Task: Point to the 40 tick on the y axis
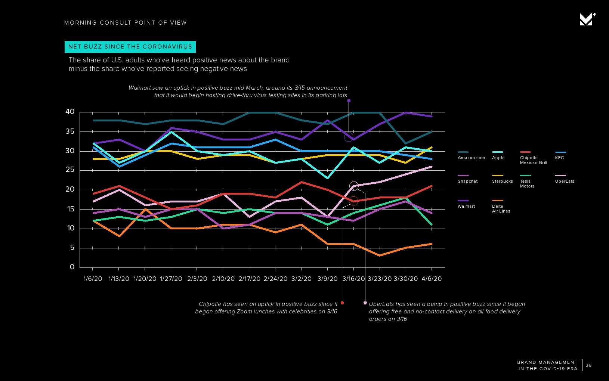[x=70, y=112]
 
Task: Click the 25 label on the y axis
[x=70, y=170]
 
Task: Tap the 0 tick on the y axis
[x=72, y=267]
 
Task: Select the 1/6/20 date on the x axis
[x=93, y=279]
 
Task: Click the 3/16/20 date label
[x=353, y=279]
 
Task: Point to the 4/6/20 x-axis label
[x=432, y=279]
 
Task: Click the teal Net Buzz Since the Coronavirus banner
[x=130, y=47]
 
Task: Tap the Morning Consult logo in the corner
[x=587, y=19]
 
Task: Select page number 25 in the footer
[x=588, y=365]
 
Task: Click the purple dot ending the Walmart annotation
[x=349, y=100]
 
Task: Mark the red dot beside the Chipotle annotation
[x=342, y=303]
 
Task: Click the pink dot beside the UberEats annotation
[x=365, y=303]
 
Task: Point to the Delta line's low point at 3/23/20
[x=380, y=255]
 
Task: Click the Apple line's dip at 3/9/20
[x=328, y=178]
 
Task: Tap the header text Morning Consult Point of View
[x=125, y=23]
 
